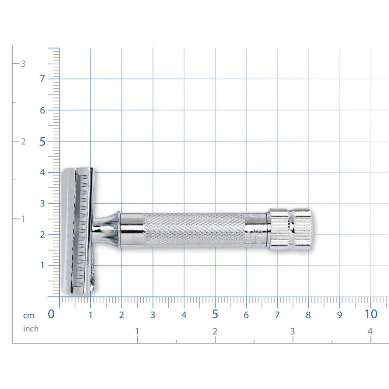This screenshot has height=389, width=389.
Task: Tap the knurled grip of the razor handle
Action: tap(194, 230)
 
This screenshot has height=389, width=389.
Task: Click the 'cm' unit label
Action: tap(28, 315)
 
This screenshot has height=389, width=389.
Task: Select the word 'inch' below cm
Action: tap(31, 329)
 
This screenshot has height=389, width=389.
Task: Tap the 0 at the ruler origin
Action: tap(51, 315)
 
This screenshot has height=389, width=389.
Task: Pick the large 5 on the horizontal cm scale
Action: tap(215, 315)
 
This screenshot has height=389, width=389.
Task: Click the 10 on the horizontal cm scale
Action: tap(371, 314)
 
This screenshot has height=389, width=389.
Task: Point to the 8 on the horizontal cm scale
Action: tap(308, 315)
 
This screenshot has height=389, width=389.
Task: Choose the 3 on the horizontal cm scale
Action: tap(153, 315)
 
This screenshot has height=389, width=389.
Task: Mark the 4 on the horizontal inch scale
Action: tap(370, 331)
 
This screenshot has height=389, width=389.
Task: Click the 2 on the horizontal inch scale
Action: tap(215, 331)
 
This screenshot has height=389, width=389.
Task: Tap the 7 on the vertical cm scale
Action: tap(43, 79)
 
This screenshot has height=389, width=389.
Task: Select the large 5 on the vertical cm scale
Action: tap(43, 142)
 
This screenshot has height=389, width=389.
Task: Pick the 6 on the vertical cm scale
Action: tap(43, 110)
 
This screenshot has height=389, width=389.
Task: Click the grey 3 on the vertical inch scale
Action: tap(23, 64)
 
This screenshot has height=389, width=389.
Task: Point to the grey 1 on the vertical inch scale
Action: tap(23, 219)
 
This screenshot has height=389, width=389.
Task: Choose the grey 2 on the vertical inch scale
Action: tap(23, 142)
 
